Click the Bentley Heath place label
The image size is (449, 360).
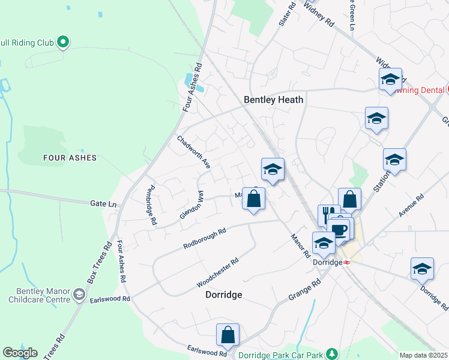point(273,100)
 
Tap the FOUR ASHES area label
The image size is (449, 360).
point(70,158)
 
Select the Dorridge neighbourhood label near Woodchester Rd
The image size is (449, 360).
point(224,295)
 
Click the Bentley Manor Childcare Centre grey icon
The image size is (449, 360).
point(79,294)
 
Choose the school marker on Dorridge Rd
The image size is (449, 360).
point(422,269)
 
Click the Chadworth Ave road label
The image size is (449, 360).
point(193,151)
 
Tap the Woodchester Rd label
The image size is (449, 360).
point(218,272)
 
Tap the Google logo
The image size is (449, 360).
point(20,353)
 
